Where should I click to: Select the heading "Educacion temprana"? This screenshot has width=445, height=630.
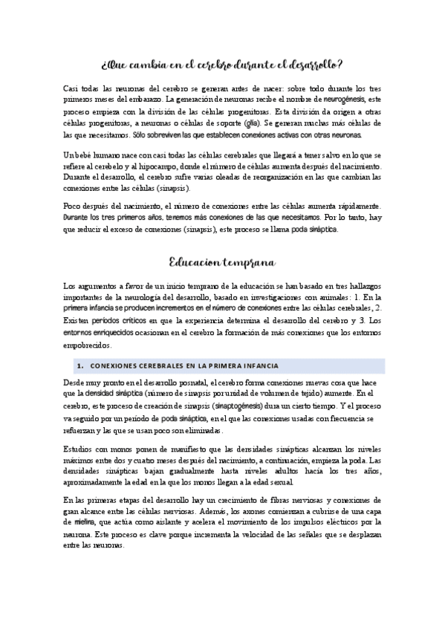coord(222,262)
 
